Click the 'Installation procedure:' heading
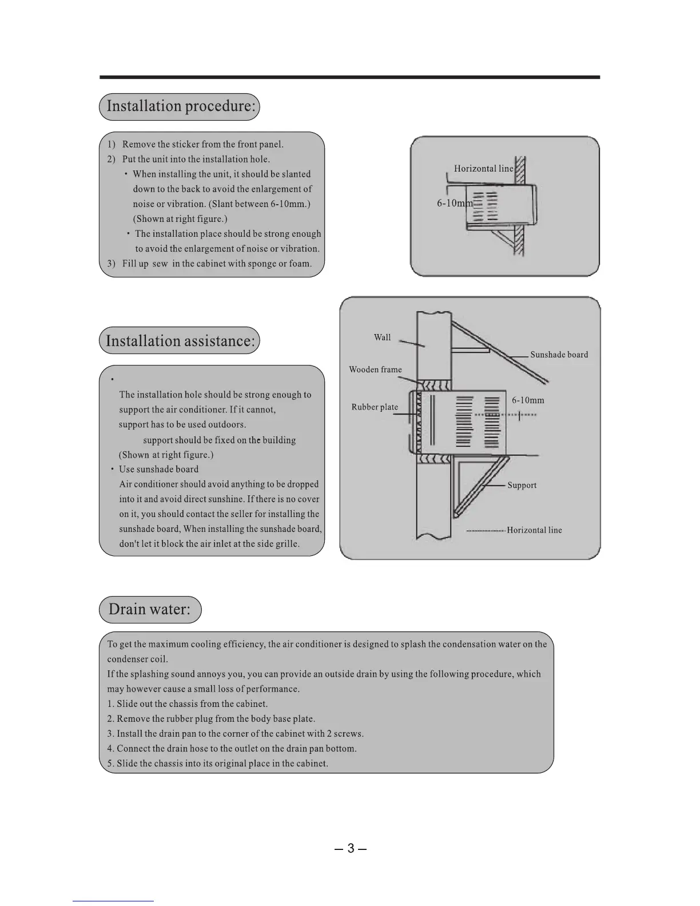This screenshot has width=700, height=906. coord(180,107)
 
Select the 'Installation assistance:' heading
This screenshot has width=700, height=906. coord(180,341)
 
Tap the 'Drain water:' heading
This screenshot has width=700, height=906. coord(150,609)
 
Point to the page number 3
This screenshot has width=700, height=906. coord(351,848)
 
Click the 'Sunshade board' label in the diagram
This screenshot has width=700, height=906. coord(559,355)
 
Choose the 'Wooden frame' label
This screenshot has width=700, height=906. coord(375,369)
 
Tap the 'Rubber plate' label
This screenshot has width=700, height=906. coord(375,407)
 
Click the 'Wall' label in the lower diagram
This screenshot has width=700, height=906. coord(382,337)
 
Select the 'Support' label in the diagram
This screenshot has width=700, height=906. coord(522,485)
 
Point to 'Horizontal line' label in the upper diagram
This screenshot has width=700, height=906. coord(483,169)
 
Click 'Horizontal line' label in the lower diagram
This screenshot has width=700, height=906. coord(534,530)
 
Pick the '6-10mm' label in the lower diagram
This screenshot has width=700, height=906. coord(528,400)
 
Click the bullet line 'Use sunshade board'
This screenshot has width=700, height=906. coord(158,470)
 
